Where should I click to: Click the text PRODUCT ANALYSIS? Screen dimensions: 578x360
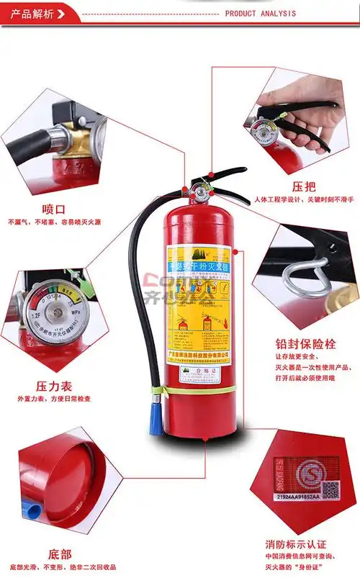pos(260,13)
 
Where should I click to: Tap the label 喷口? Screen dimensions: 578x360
pos(54,209)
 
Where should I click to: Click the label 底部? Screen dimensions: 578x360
pos(60,554)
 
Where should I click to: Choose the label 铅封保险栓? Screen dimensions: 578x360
pos(305,343)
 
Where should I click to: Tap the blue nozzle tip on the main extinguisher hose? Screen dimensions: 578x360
pos(156,420)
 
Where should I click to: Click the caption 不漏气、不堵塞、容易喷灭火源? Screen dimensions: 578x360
pos(54,222)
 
